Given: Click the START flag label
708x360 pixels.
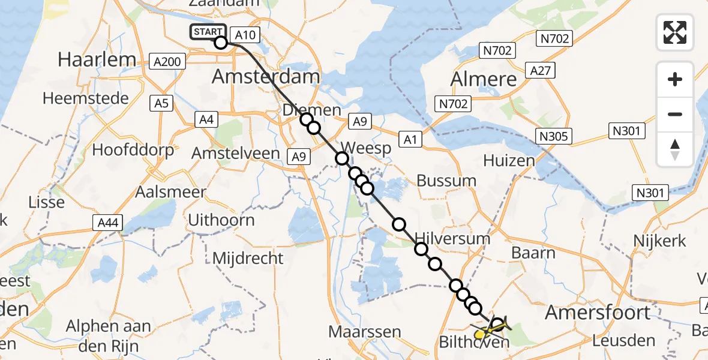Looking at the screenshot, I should click(x=208, y=32).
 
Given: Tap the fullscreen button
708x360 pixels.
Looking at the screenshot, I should click(x=675, y=32).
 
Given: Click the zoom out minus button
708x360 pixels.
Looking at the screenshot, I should click(x=675, y=114).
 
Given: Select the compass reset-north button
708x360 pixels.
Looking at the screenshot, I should click(x=675, y=149).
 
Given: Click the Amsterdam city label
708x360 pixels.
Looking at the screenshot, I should click(x=266, y=77).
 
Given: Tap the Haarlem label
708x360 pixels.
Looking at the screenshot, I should click(x=88, y=59).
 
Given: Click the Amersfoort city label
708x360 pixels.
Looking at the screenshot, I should click(x=598, y=312).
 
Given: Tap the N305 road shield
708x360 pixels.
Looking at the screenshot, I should click(x=553, y=136).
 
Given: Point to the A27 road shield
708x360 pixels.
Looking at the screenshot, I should click(x=539, y=71).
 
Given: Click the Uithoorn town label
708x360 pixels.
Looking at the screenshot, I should click(x=221, y=220).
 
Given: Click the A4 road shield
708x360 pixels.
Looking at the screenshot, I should click(x=206, y=120).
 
